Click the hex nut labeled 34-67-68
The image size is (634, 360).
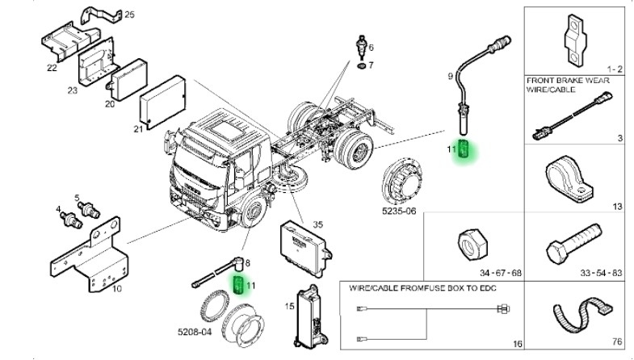[x=469, y=241]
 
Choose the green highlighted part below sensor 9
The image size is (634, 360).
[x=464, y=150]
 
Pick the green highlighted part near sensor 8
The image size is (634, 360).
[x=239, y=284]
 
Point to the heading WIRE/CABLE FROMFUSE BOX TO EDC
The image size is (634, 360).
[x=422, y=287]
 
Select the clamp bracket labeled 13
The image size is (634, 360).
[x=569, y=178]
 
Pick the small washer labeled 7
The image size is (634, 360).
[x=362, y=65]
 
